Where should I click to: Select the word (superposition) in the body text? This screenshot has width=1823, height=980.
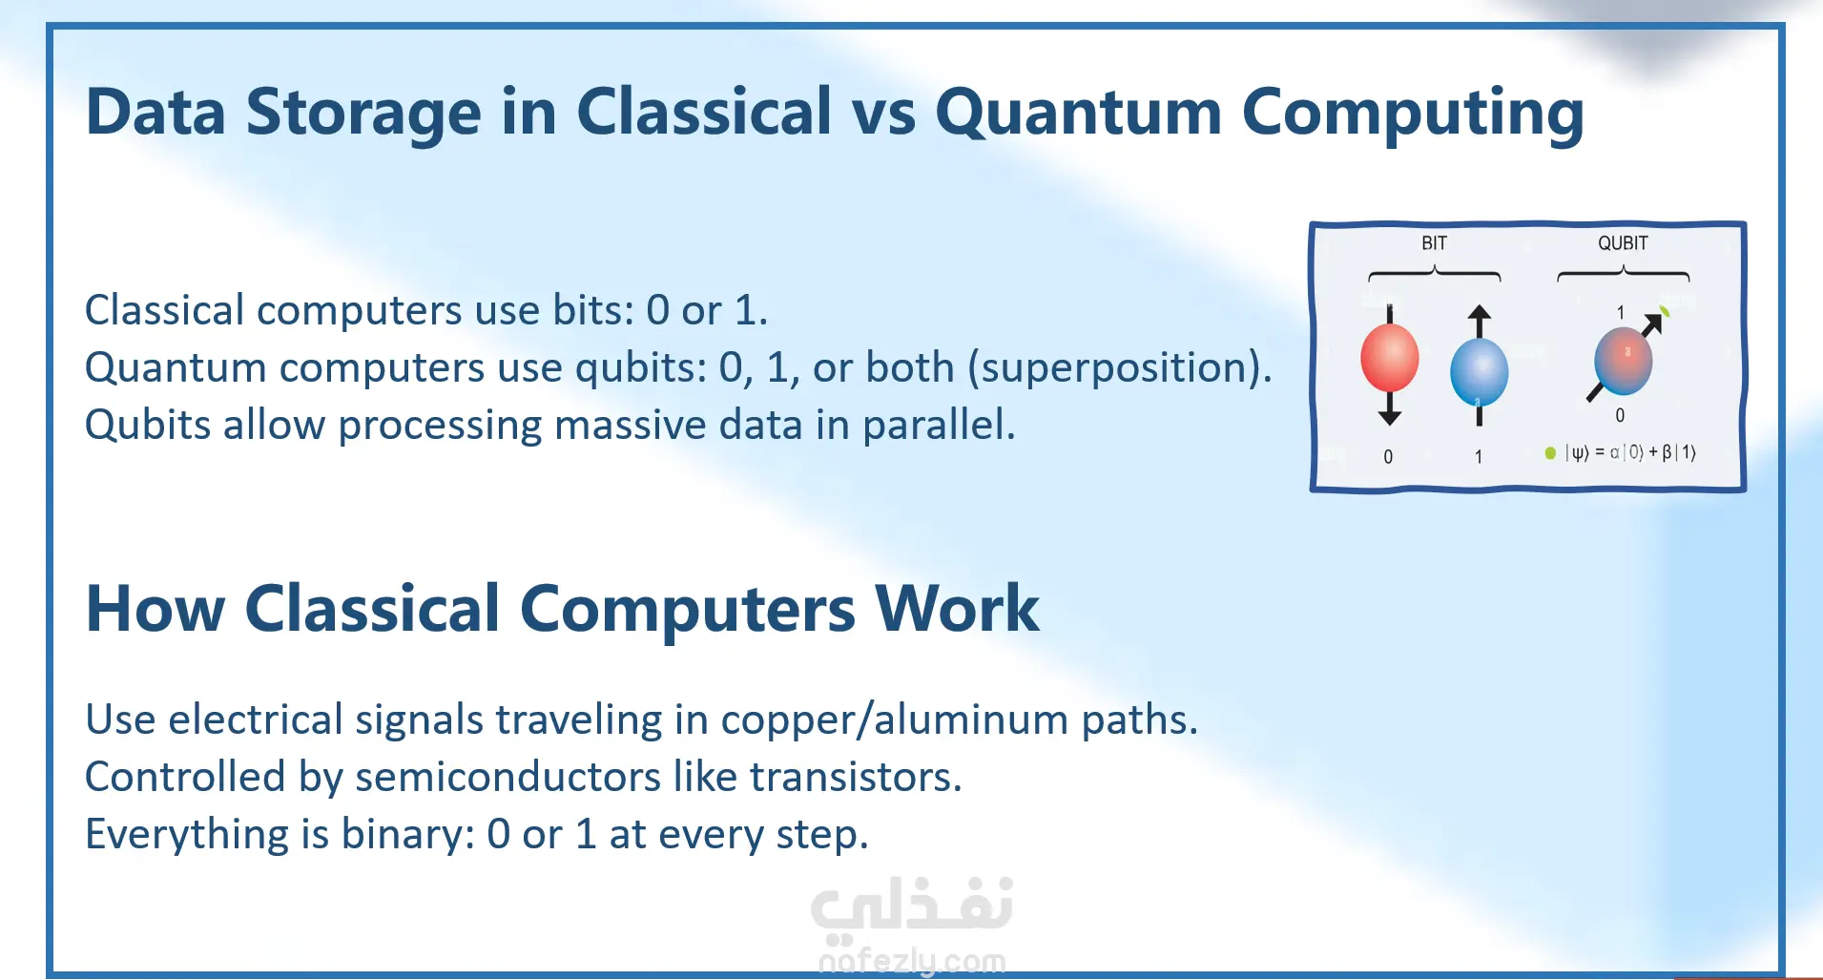click(x=1120, y=368)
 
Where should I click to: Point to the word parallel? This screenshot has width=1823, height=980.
click(x=939, y=425)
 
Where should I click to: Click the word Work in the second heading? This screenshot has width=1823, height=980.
click(x=957, y=609)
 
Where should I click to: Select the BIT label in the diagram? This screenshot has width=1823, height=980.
click(x=1434, y=243)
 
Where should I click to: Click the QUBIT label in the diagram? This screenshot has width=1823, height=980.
click(x=1623, y=243)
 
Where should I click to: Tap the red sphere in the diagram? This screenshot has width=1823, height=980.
click(x=1389, y=358)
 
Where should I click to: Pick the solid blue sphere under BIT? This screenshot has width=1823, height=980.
click(x=1479, y=373)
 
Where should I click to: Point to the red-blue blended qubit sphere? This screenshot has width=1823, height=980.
click(x=1623, y=361)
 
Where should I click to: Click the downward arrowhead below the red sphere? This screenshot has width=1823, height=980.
click(x=1390, y=416)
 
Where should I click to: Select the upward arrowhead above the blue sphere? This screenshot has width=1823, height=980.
click(x=1479, y=314)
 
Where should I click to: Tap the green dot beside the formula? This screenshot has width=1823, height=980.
click(x=1550, y=453)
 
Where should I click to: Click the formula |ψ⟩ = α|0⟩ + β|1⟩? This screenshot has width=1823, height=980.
click(x=1630, y=452)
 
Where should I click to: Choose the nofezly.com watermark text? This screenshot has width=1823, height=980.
click(x=912, y=960)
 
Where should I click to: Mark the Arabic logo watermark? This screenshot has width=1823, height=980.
click(x=912, y=905)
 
